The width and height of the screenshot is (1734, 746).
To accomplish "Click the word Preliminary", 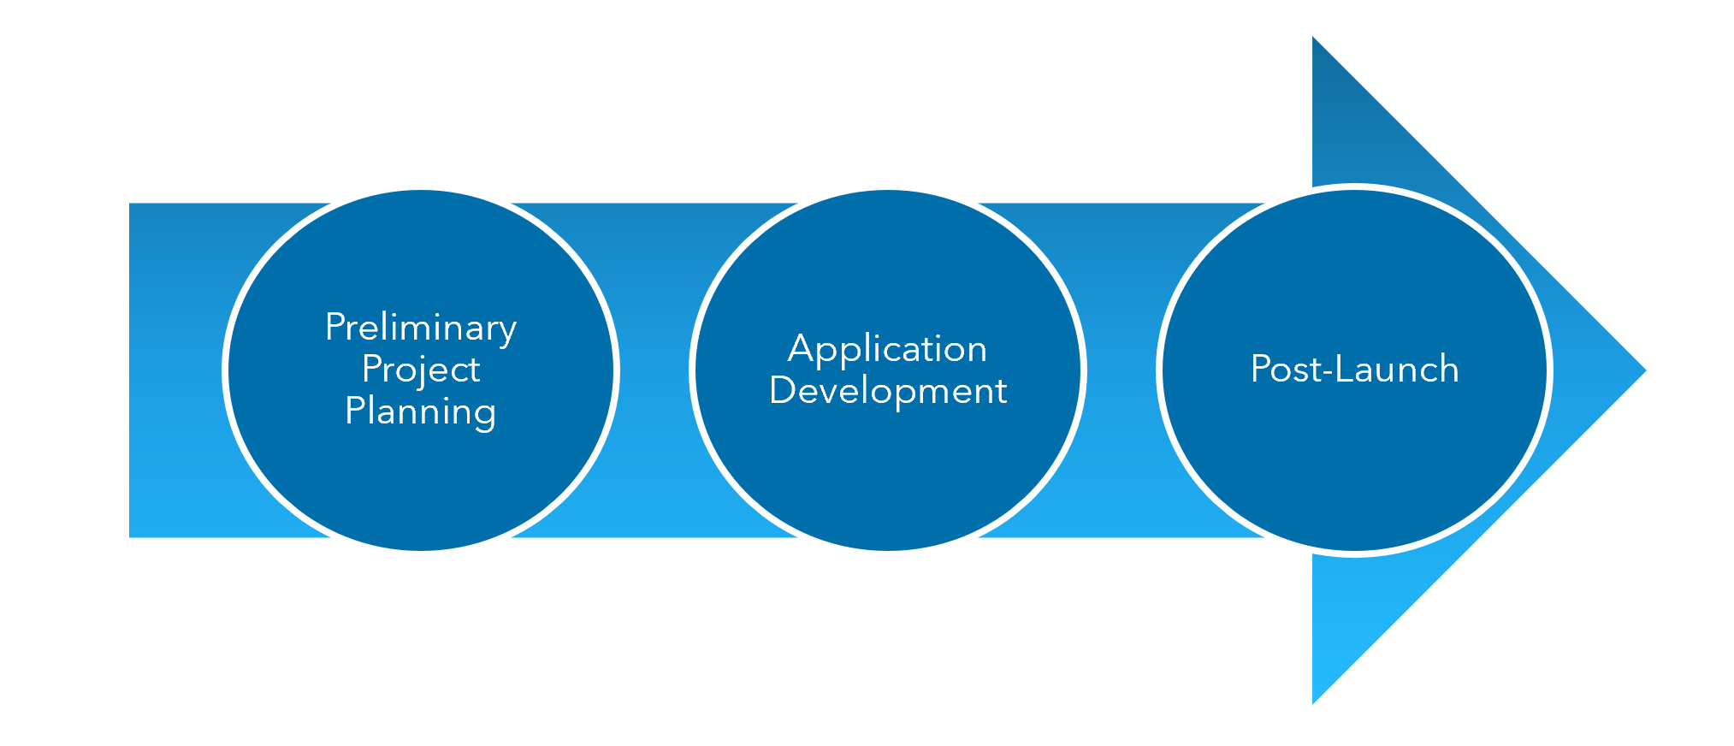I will point(420,328).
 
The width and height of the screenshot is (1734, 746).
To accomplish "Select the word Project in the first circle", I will point(420,370).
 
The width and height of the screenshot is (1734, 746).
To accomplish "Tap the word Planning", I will point(420,411).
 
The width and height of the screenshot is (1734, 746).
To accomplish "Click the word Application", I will point(887,349).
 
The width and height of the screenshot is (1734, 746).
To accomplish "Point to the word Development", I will point(887,391).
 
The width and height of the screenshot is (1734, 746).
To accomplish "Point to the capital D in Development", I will point(783,391).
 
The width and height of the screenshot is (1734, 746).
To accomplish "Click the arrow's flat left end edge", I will point(131,370).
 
